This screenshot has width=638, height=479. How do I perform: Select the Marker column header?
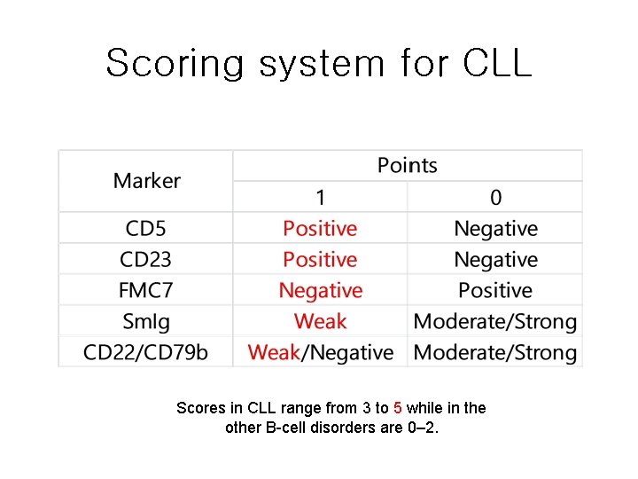click(x=146, y=181)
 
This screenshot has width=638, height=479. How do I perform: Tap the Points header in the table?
click(x=407, y=165)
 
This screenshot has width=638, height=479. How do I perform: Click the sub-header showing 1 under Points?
click(x=320, y=197)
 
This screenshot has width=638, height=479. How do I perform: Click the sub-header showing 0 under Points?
click(x=495, y=197)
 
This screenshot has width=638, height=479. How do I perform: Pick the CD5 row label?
click(x=146, y=229)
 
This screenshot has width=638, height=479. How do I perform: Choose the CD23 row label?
click(x=146, y=260)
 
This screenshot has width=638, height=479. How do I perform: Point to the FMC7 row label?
click(x=146, y=291)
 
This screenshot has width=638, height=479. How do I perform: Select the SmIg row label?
click(x=146, y=321)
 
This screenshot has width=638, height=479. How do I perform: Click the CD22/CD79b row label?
click(x=146, y=352)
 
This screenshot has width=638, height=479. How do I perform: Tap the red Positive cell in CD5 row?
click(x=320, y=229)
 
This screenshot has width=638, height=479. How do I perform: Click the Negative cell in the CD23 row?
click(x=495, y=260)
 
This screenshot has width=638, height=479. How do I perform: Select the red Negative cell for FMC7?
click(x=320, y=291)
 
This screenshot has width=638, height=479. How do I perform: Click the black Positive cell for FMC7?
click(x=495, y=291)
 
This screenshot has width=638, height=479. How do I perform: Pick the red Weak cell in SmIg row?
click(x=320, y=321)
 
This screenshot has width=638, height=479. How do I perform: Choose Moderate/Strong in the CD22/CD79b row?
click(x=495, y=352)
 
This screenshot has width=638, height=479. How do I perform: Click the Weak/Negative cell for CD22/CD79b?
click(x=320, y=352)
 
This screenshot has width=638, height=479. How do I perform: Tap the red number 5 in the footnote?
click(x=398, y=408)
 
